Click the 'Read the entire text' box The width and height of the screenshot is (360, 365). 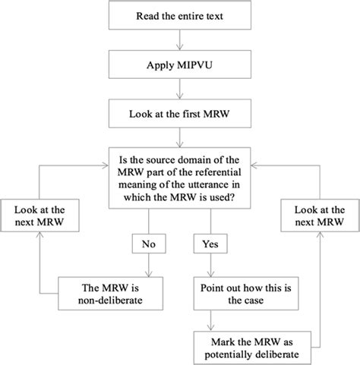point(181,16)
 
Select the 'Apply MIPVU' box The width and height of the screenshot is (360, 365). point(181,67)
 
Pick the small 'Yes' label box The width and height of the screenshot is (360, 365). point(208,244)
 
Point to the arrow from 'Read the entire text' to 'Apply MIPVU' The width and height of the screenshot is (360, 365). point(181,41)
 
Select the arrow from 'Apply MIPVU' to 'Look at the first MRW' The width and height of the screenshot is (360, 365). point(181,92)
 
